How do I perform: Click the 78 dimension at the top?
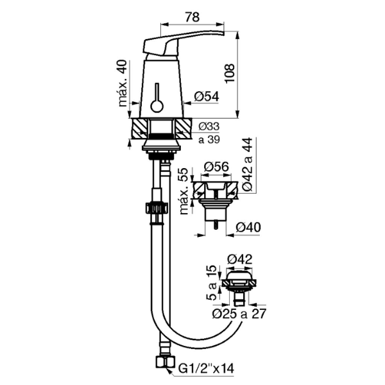point(193,17)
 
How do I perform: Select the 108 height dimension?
point(230,74)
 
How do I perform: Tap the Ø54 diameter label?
point(207,96)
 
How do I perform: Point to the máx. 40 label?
point(123,83)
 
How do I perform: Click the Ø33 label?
point(209,126)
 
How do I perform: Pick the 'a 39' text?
point(209,139)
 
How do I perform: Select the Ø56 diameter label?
point(216,167)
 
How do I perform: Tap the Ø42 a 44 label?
point(247,164)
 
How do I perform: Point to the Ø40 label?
point(248,227)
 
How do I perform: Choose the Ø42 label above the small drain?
point(239,259)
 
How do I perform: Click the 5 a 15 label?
point(211,282)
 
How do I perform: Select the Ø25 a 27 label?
point(239,314)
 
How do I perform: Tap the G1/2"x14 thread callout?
point(206,368)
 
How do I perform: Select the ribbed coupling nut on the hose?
point(157,209)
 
